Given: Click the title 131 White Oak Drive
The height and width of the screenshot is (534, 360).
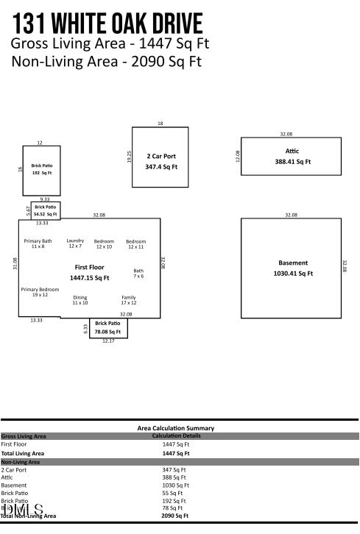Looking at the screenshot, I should point(107,23).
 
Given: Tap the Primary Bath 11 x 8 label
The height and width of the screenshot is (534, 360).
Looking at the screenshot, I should point(38,244).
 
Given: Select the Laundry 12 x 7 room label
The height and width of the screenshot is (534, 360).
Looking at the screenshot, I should point(75,243).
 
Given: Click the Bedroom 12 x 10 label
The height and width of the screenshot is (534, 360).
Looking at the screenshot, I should point(104,244).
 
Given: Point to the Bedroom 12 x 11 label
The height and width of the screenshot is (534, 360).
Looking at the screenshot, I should point(135,244).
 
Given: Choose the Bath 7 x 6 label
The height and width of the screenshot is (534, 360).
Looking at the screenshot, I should point(138,274).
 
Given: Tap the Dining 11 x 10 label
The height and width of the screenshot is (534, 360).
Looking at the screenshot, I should point(80,300).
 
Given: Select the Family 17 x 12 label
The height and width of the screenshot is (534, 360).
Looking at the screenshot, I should point(128,300).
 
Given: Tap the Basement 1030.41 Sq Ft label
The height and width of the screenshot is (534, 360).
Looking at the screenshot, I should point(292,268).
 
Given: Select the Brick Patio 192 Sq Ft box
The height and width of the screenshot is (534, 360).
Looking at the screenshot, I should point(40,169).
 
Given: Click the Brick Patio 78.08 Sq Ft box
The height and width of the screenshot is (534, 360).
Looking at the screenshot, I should point(108,327).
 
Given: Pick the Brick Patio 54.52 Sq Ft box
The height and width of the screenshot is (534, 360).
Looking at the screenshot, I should point(45,210).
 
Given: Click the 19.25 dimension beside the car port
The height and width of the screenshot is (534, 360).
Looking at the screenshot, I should point(130,157).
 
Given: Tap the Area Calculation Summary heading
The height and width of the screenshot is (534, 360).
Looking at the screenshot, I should point(176,427).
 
